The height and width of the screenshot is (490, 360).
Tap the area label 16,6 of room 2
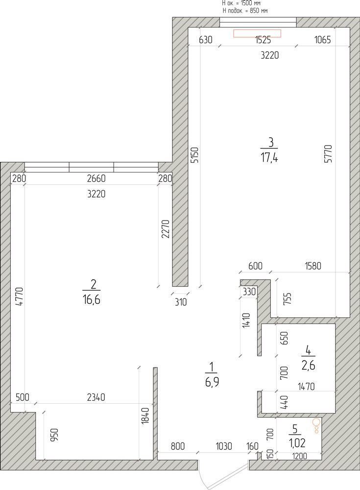coord(92,300)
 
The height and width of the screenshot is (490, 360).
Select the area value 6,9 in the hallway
coord(212,382)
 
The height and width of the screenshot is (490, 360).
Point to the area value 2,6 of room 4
coord(308,365)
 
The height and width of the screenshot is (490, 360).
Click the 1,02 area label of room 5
coord(297,443)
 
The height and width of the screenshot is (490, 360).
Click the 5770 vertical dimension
coord(328,153)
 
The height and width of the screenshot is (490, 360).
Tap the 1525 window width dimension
coord(263,40)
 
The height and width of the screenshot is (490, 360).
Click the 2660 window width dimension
coord(96,178)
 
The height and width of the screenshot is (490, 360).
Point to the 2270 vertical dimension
coord(166,229)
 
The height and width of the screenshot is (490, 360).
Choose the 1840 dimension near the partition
coord(145,416)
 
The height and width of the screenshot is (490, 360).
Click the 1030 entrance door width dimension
coord(224,446)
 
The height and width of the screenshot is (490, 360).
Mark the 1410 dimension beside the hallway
coord(246,320)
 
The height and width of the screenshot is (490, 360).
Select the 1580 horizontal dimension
coord(312,266)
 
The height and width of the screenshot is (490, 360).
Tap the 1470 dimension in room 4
coord(306,387)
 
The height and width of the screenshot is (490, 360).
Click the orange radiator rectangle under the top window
coord(257,33)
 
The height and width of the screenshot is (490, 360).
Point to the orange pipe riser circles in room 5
coord(316,426)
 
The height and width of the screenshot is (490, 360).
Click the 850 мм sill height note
coord(245,11)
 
